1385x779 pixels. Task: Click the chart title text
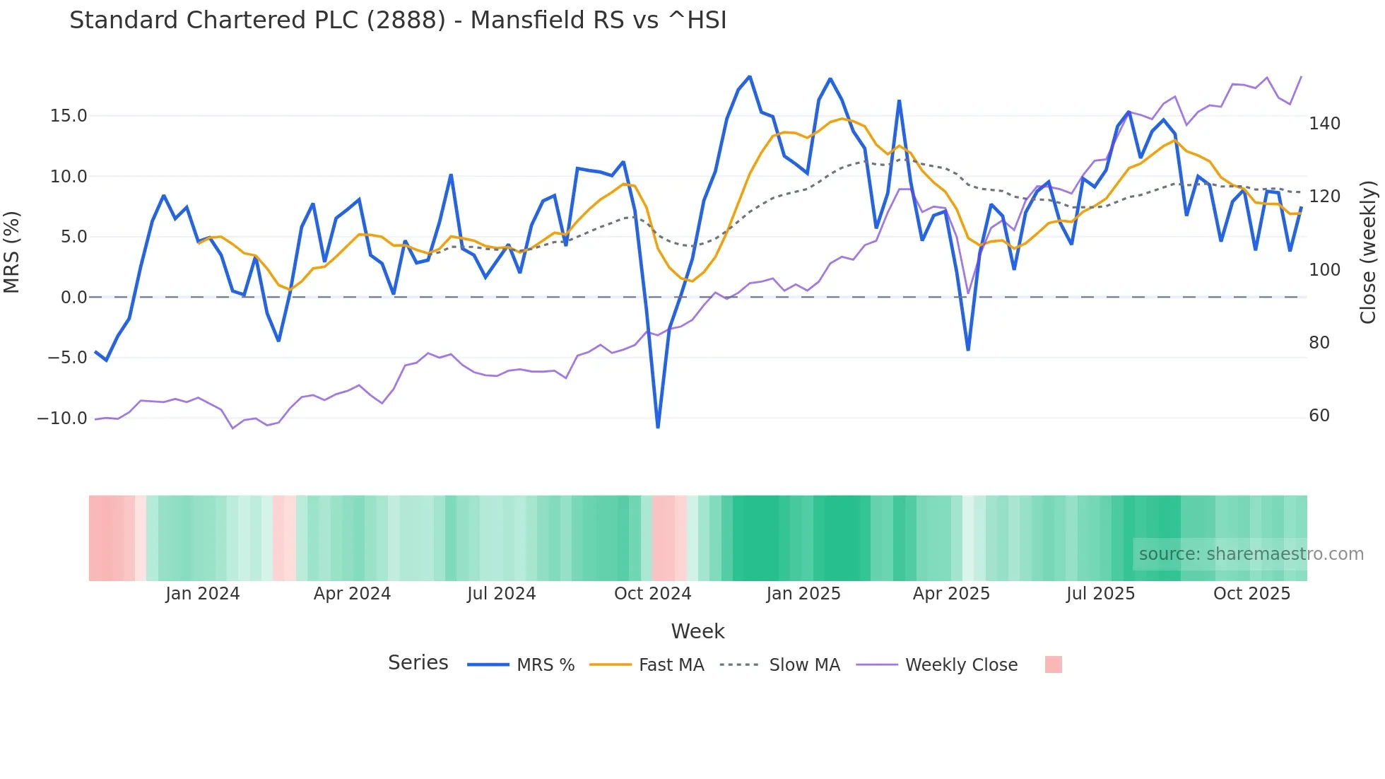click(398, 20)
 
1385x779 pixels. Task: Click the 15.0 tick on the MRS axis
click(68, 116)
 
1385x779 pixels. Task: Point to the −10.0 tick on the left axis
click(62, 418)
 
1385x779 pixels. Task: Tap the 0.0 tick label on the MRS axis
click(73, 298)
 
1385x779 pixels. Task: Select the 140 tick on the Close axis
click(1324, 124)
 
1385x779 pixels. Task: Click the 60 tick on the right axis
click(1319, 416)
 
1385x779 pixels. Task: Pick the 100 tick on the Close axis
click(1324, 270)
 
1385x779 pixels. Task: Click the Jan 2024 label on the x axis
click(202, 594)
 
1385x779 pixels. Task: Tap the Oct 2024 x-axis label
click(652, 594)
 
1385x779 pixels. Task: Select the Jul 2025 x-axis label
click(1100, 594)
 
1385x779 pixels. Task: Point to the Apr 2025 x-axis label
click(951, 594)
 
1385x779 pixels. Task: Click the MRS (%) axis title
click(12, 252)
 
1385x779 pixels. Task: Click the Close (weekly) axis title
click(1368, 252)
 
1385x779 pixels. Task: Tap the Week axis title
click(697, 631)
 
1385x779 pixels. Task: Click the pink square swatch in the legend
click(1053, 664)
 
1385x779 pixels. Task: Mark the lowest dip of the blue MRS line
click(658, 427)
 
